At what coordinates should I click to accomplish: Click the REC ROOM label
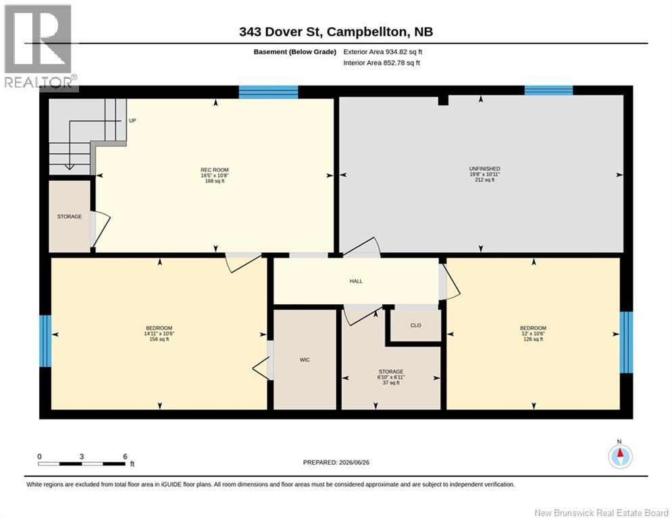pyautogui.click(x=215, y=169)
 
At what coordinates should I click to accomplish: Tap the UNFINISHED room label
pyautogui.click(x=484, y=169)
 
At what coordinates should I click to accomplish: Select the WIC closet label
pyautogui.click(x=305, y=359)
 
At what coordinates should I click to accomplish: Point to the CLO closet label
pyautogui.click(x=416, y=325)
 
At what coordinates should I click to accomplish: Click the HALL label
pyautogui.click(x=356, y=281)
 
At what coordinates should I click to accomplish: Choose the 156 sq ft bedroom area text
pyautogui.click(x=159, y=339)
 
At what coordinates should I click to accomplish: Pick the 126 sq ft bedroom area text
pyautogui.click(x=533, y=339)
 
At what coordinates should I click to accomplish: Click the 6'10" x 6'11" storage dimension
pyautogui.click(x=391, y=377)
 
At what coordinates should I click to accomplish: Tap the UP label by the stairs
pyautogui.click(x=132, y=121)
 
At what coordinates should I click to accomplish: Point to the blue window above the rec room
pyautogui.click(x=268, y=92)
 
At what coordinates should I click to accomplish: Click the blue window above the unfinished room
pyautogui.click(x=548, y=90)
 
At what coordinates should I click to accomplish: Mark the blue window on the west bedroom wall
pyautogui.click(x=45, y=341)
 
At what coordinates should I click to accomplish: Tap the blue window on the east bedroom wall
pyautogui.click(x=626, y=342)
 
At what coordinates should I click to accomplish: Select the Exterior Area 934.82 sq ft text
pyautogui.click(x=383, y=52)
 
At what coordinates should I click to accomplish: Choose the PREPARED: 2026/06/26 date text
pyautogui.click(x=336, y=462)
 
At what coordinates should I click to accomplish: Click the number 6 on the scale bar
pyautogui.click(x=125, y=457)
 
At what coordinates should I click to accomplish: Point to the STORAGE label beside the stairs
pyautogui.click(x=70, y=217)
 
